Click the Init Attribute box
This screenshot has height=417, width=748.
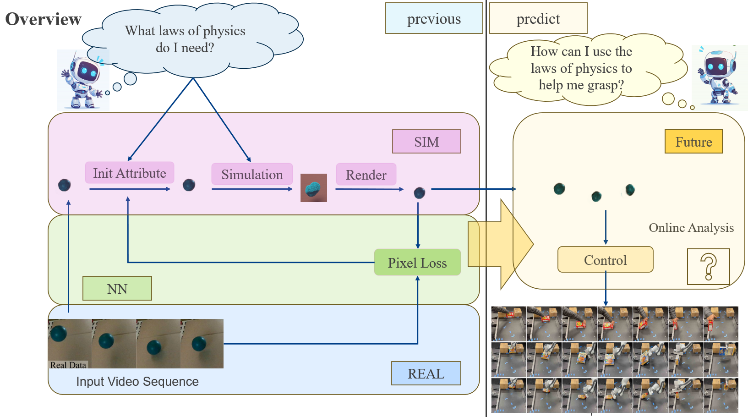pyautogui.click(x=129, y=173)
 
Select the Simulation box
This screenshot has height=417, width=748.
pyautogui.click(x=252, y=174)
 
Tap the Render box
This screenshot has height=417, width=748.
pyautogui.click(x=366, y=175)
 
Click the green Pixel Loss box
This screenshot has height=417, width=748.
pyautogui.click(x=417, y=263)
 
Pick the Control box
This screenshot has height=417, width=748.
pyautogui.click(x=605, y=260)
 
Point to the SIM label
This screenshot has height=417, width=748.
pyautogui.click(x=426, y=142)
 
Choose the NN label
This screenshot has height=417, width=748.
pyautogui.click(x=117, y=289)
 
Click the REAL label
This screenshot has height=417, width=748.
pyautogui.click(x=426, y=373)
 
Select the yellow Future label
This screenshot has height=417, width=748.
pyautogui.click(x=693, y=142)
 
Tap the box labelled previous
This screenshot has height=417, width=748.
pyautogui.click(x=434, y=18)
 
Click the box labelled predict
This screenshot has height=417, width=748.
pyautogui.click(x=538, y=18)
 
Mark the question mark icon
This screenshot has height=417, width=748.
pyautogui.click(x=708, y=267)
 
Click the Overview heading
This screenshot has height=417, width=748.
pyautogui.click(x=43, y=19)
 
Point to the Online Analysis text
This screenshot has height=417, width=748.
pyautogui.click(x=691, y=228)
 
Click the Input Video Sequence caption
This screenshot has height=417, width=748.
pyautogui.click(x=137, y=381)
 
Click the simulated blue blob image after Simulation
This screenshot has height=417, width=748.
pyautogui.click(x=314, y=188)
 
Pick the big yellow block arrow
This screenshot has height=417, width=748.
pyautogui.click(x=500, y=244)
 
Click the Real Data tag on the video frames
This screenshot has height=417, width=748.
pyautogui.click(x=68, y=365)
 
